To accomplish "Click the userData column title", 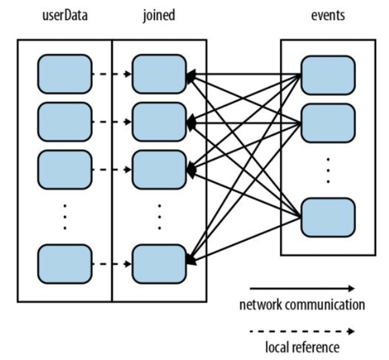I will click(x=64, y=16).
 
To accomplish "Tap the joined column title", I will click(x=158, y=16).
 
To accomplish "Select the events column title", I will click(x=327, y=16).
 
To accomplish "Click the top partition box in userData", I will click(x=65, y=74).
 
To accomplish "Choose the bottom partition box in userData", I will click(x=65, y=264).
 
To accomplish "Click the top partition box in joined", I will click(x=159, y=74).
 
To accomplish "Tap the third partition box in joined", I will click(x=159, y=169).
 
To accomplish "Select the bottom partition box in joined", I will click(x=159, y=264).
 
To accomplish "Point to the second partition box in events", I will click(x=328, y=123).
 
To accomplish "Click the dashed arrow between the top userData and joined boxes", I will click(x=112, y=75).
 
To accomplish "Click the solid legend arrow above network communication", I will click(x=302, y=288).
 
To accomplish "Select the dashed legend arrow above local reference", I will click(x=302, y=331).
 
